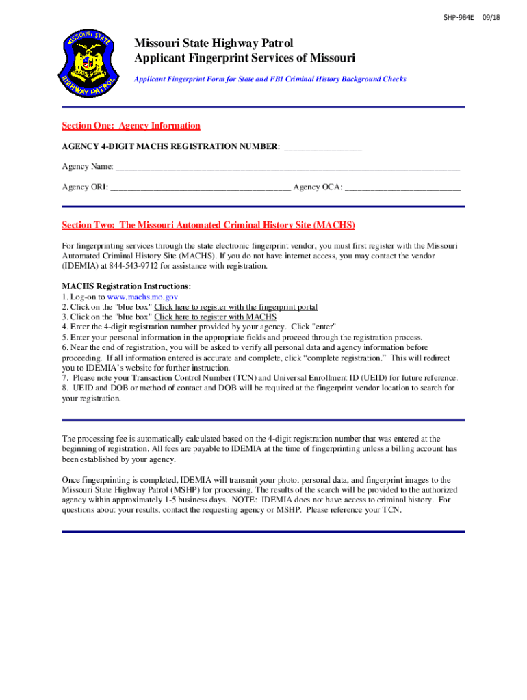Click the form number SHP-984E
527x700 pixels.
point(459,17)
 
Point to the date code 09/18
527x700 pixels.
point(491,17)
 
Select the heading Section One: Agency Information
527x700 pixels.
point(131,126)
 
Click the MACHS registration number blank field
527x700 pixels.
point(322,147)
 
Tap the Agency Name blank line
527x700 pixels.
point(287,167)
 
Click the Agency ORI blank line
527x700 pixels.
point(200,187)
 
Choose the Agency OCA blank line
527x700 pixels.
point(402,187)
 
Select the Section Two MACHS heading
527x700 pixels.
point(208,226)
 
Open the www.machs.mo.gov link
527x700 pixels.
point(143,297)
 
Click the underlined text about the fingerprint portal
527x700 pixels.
point(235,308)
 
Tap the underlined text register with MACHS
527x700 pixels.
point(215,317)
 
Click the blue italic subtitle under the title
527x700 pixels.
point(270,79)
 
